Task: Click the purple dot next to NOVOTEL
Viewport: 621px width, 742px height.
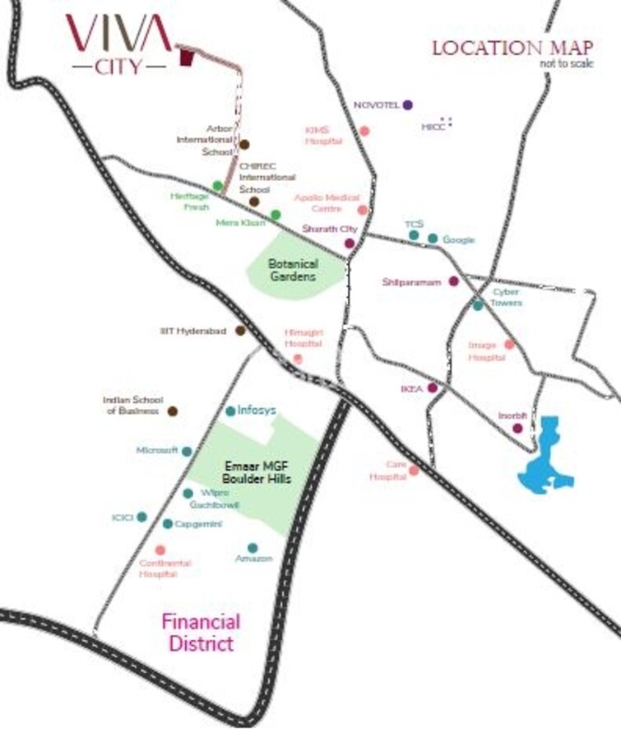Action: tap(407, 104)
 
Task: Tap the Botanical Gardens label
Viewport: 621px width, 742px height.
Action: tap(293, 271)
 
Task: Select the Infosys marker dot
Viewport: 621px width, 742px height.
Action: tap(230, 410)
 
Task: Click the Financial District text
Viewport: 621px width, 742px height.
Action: tap(201, 632)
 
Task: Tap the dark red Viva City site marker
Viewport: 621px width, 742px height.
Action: tap(187, 58)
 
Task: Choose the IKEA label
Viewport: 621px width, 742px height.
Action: tap(410, 387)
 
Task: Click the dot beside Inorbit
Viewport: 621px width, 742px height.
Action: tap(517, 428)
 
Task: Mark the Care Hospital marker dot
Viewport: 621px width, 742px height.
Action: tap(414, 471)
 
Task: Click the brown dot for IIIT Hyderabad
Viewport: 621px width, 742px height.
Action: tap(240, 331)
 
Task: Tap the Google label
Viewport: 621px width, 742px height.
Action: tap(458, 239)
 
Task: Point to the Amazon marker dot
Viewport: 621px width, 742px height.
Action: tap(253, 548)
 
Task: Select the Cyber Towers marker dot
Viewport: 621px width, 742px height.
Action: tap(478, 305)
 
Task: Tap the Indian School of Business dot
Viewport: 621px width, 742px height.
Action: tap(173, 411)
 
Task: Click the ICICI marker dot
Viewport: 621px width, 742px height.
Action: tap(141, 517)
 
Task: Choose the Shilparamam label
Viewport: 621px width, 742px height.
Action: tap(410, 282)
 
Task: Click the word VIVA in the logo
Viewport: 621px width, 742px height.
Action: tap(118, 33)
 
